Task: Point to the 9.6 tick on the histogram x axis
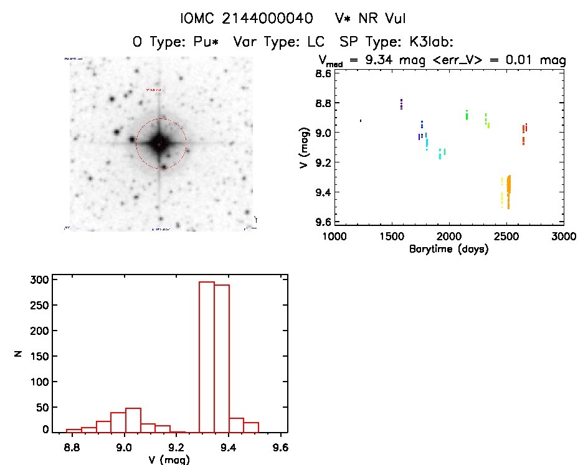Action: coord(280,446)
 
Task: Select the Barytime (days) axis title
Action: coord(448,249)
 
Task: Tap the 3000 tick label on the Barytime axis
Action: coord(563,237)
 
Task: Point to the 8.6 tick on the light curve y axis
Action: coord(322,73)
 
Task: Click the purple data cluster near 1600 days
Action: coord(401,104)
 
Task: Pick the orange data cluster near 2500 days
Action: coord(508,190)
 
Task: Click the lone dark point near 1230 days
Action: coord(360,120)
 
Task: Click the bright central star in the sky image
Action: coord(159,143)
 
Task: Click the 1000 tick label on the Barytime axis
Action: coord(334,237)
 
